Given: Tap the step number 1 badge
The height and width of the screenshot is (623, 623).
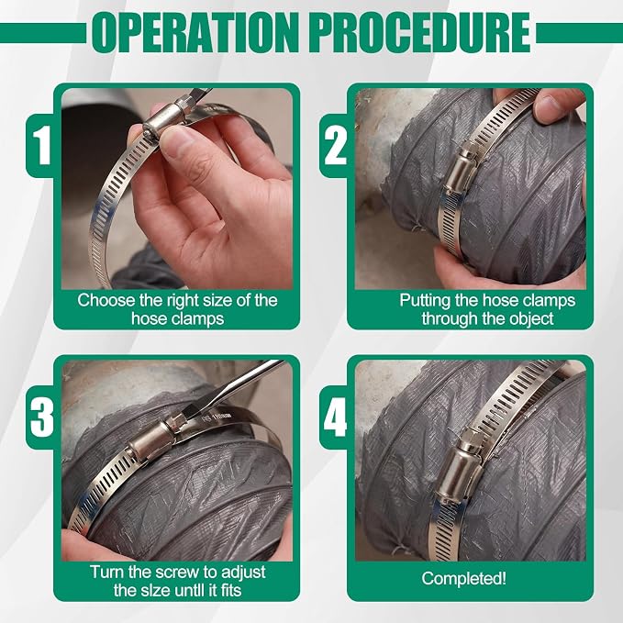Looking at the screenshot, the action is (41, 145).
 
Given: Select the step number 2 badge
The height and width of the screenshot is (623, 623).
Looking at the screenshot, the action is (335, 145).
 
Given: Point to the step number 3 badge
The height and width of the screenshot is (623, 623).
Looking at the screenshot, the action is (41, 417).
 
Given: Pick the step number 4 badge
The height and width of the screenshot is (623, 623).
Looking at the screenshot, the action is (335, 417).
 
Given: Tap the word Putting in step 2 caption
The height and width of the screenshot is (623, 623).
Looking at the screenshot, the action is (426, 300).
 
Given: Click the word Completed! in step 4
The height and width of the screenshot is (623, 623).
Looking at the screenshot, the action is (464, 578).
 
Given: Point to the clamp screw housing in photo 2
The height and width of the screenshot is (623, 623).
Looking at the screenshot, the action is (461, 170).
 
